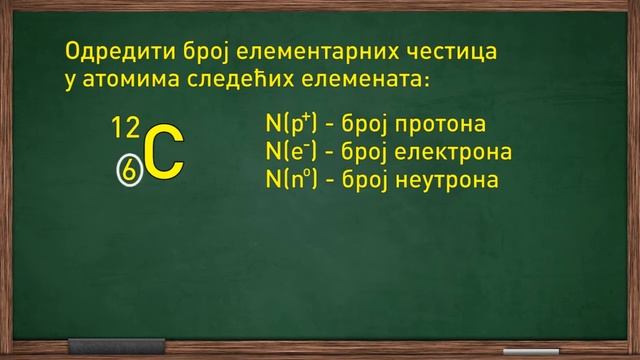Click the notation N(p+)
292,126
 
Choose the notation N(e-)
291,153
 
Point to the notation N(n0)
292,180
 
